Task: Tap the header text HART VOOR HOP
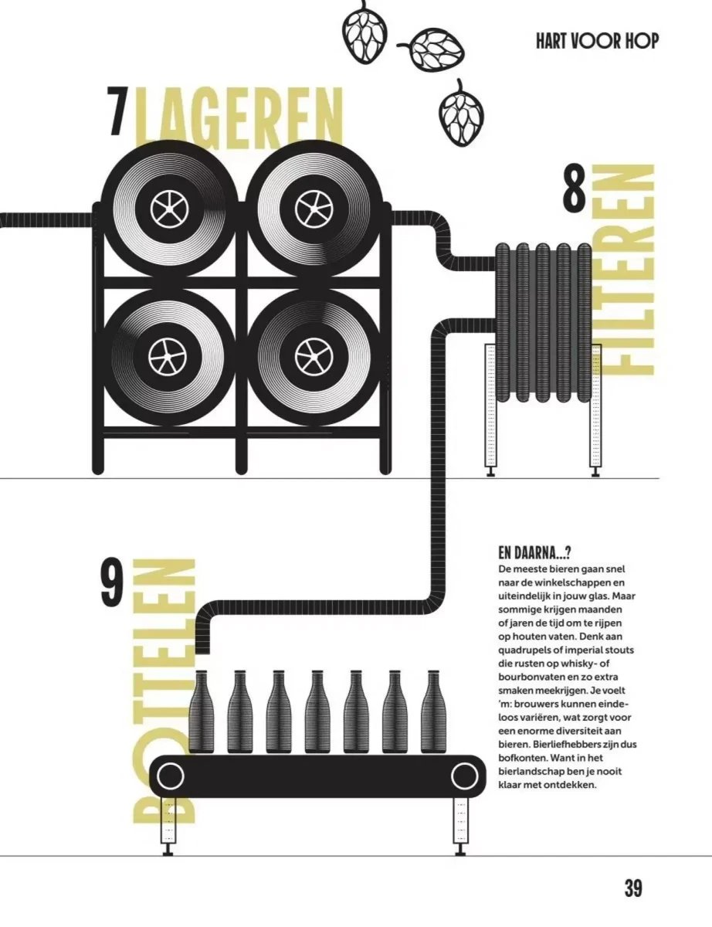[x=597, y=42]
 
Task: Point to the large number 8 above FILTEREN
[x=575, y=188]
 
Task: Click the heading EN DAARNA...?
[x=534, y=553]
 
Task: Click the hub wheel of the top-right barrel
[x=314, y=208]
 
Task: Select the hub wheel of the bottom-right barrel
[x=314, y=354]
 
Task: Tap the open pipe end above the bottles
[x=203, y=652]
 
